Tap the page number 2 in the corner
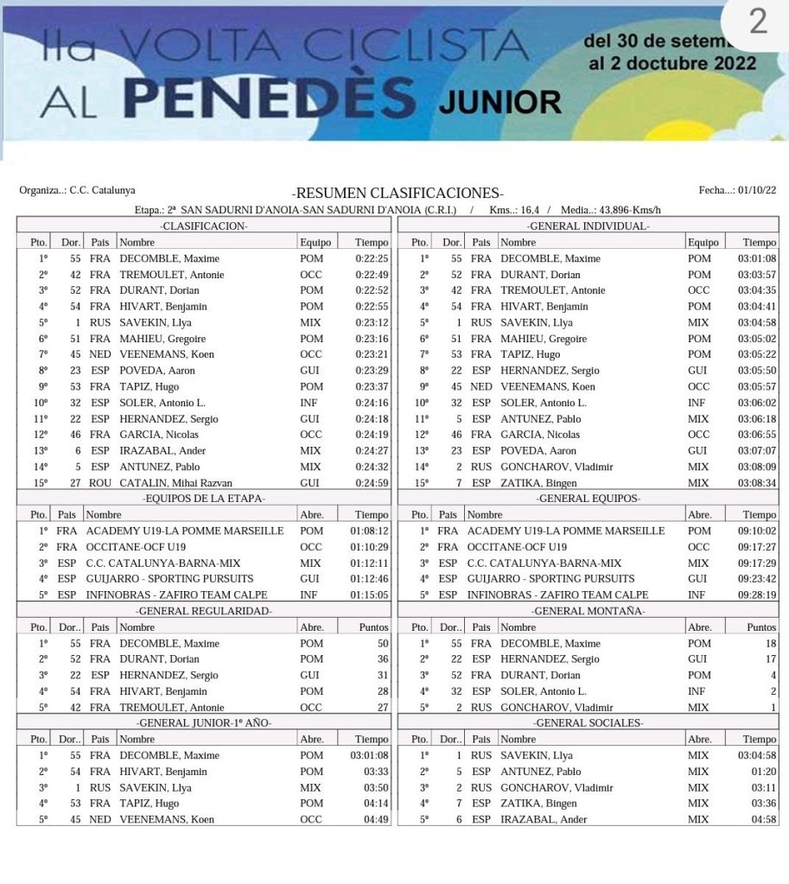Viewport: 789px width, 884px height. [757, 22]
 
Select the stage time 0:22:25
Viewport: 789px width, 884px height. [372, 258]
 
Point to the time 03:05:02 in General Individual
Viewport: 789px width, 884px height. [756, 339]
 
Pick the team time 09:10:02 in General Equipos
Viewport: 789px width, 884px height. [756, 531]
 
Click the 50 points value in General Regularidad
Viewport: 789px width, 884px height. [383, 643]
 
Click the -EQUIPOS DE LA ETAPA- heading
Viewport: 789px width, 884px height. [204, 499]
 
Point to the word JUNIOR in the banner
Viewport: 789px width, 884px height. [499, 102]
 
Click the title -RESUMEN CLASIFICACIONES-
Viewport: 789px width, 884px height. [398, 193]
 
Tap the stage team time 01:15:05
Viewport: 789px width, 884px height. [370, 595]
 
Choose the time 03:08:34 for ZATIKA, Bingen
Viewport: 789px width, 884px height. [756, 483]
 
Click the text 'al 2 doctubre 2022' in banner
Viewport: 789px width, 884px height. [671, 63]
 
